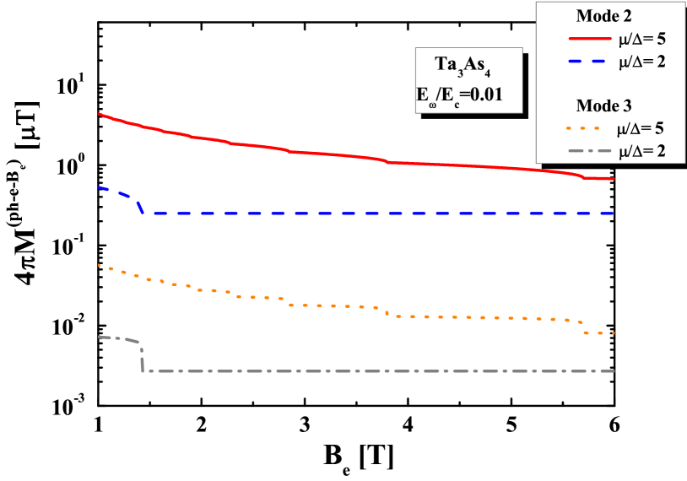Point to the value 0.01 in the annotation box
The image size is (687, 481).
coord(487,95)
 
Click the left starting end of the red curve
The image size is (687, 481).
coord(100,113)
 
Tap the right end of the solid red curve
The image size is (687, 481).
coord(614,179)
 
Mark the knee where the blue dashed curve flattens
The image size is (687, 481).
coord(143,213)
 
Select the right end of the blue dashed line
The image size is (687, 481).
coord(614,213)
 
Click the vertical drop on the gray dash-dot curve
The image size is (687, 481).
coord(142,359)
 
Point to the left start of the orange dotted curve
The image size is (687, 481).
coord(100,265)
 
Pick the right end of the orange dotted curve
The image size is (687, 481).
coord(614,333)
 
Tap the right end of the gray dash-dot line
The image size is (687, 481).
coord(614,371)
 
